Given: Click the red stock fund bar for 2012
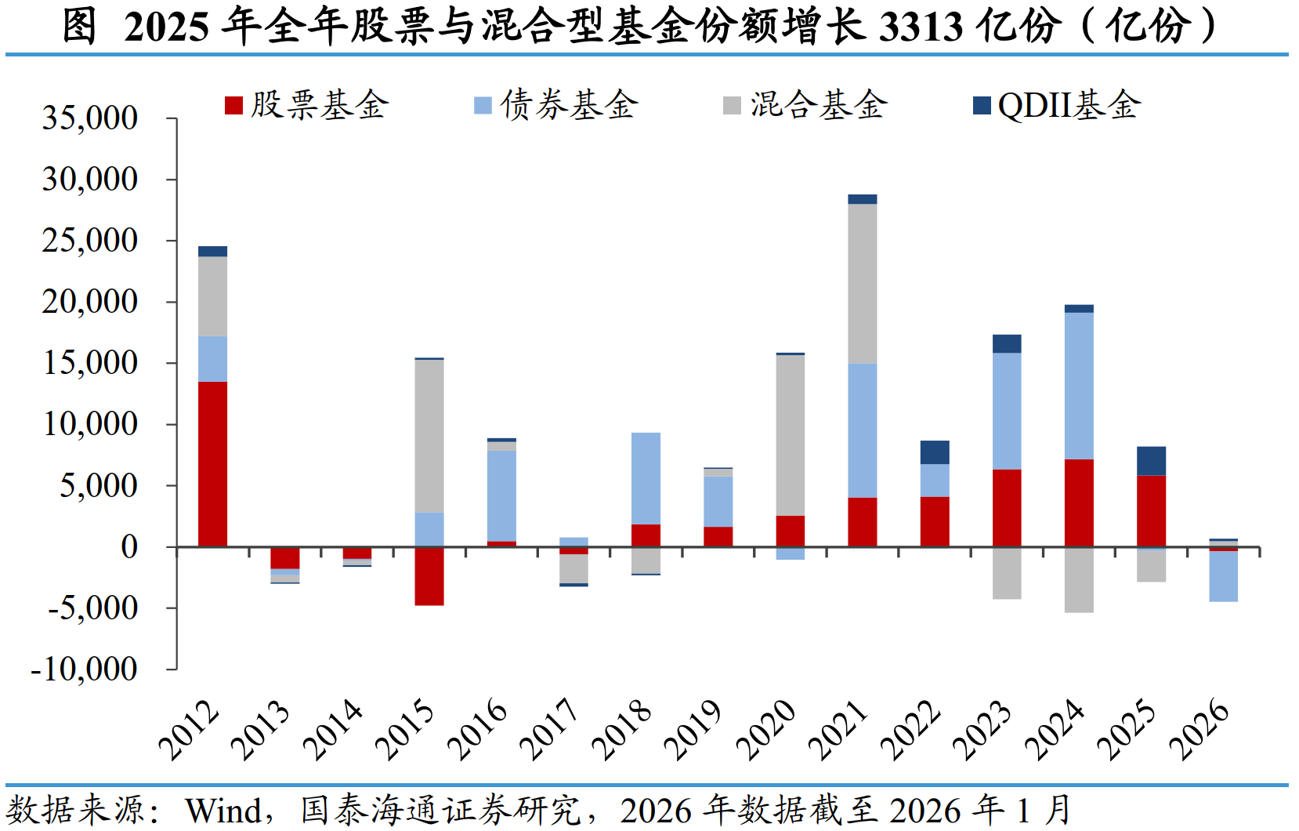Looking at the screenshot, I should coord(212,463).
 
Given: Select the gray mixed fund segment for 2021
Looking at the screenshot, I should coord(862,283).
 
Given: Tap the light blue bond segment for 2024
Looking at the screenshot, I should coord(1079,386).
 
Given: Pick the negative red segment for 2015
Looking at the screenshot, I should coord(429,575).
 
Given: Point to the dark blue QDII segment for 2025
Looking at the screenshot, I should coord(1151,461).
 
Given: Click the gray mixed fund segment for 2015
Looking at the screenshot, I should coord(429,436).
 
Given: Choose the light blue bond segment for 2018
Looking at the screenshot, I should coord(646,478).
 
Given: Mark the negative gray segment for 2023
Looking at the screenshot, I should coord(1007,572).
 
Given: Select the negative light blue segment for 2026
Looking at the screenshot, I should coord(1223,576).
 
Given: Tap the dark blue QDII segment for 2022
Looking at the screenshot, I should coord(935,452).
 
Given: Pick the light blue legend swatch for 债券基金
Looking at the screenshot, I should coord(483,106).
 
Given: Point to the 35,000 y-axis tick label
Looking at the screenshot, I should coord(90,118).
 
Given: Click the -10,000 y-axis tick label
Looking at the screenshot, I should coord(85,670).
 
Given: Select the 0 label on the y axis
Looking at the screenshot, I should coord(129,547).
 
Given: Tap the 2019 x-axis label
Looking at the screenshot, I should coord(692,729).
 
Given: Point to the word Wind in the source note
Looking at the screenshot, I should coord(223,811).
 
